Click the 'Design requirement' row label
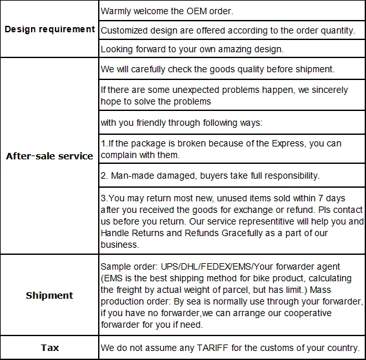(50, 30)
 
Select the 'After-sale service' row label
(50, 156)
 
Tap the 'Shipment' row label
(50, 295)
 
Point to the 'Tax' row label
(50, 348)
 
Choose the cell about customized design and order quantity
(229, 30)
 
